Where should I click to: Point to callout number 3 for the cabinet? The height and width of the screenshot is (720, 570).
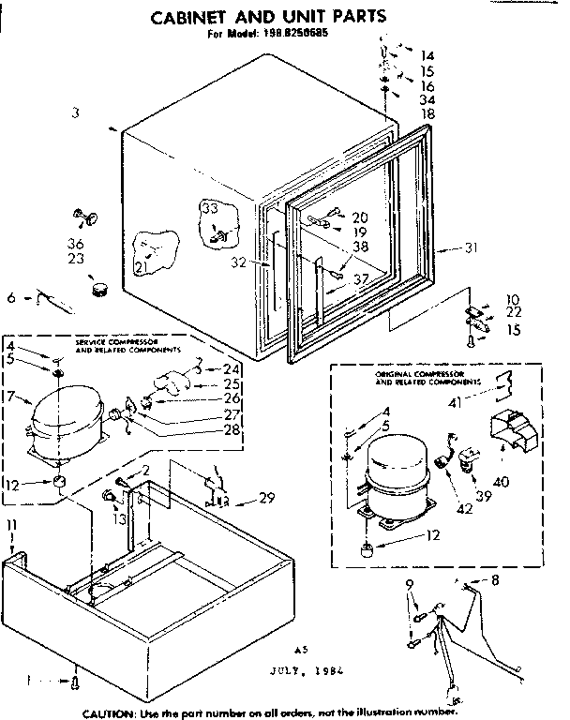(74, 113)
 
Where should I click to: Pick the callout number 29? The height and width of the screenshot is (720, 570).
(266, 497)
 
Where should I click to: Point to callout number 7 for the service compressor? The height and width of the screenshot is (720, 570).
(9, 397)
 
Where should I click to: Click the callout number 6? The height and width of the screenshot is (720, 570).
(11, 297)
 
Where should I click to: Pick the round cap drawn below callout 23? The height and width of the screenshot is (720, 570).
(97, 283)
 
